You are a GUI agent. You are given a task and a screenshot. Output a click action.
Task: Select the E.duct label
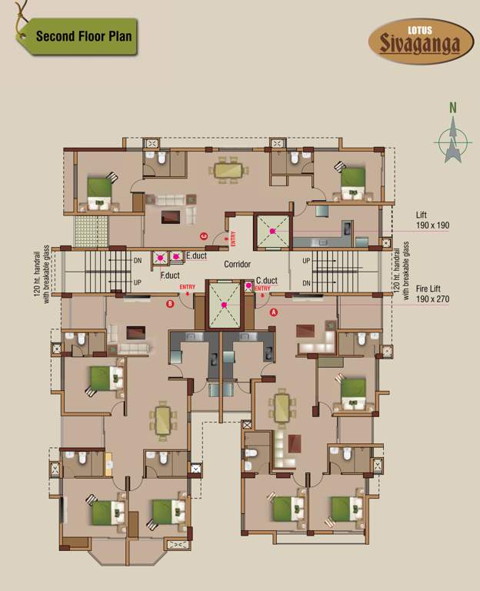[195, 255]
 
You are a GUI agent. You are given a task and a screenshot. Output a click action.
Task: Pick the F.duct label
[170, 274]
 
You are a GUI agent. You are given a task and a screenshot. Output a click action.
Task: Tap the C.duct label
[266, 281]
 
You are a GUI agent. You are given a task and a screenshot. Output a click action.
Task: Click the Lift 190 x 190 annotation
[432, 221]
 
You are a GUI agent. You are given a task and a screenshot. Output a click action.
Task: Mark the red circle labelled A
[273, 312]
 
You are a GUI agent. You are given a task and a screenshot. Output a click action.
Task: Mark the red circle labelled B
[171, 303]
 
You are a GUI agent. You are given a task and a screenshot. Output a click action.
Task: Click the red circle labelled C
[203, 235]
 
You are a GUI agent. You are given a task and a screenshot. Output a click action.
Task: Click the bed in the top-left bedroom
[98, 192]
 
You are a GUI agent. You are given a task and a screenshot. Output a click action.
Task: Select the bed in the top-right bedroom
[352, 182]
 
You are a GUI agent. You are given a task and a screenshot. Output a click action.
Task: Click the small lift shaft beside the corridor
[272, 230]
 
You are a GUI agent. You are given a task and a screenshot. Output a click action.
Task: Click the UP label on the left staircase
[138, 282]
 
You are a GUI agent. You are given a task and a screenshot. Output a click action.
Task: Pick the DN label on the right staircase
[307, 282]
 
